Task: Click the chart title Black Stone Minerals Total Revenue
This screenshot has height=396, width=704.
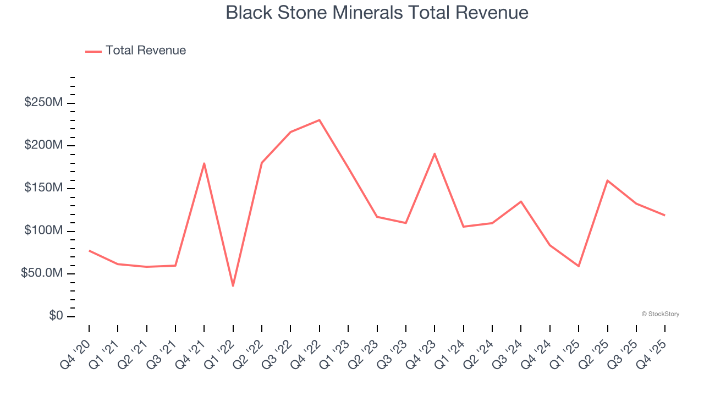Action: [x=377, y=13]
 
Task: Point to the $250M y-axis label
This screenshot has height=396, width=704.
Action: [x=43, y=103]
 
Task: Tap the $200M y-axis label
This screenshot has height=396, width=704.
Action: [x=43, y=146]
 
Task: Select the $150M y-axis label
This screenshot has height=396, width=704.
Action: [x=43, y=188]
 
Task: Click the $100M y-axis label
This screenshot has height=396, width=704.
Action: [x=43, y=231]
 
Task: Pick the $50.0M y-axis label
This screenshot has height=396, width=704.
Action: [x=42, y=274]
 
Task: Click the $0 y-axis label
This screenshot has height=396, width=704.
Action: [x=56, y=316]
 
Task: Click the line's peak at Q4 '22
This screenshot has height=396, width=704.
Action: [x=320, y=120]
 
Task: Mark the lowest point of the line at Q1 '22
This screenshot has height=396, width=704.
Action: [x=233, y=286]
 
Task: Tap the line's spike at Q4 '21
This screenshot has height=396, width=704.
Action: [x=204, y=163]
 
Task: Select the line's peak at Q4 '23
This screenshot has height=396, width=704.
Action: [x=435, y=153]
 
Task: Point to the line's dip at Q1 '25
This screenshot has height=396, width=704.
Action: [x=579, y=266]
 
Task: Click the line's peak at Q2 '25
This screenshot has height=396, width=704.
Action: [x=607, y=180]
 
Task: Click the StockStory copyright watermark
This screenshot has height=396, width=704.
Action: [x=660, y=314]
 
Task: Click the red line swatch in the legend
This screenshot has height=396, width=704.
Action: [x=94, y=51]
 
